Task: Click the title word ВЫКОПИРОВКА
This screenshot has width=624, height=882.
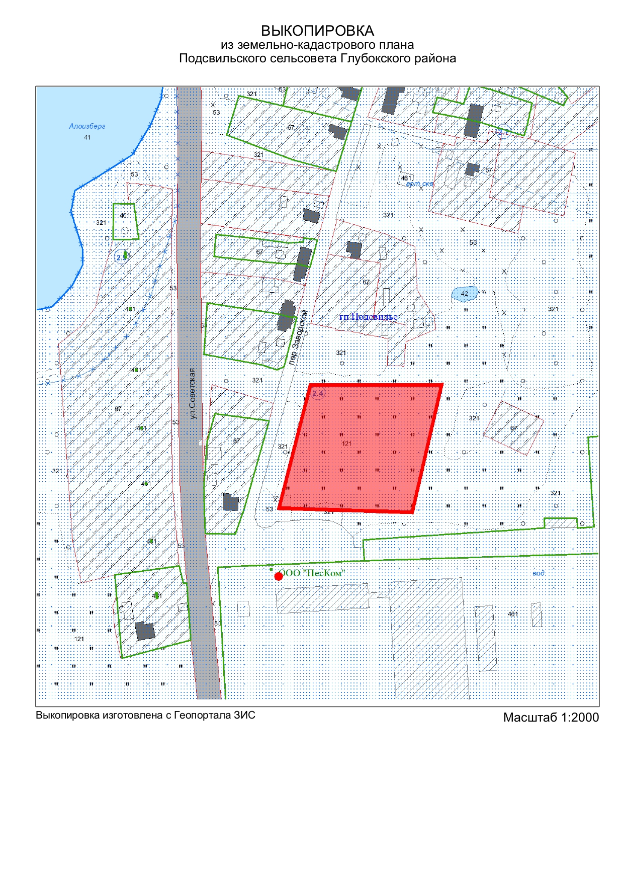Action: [317, 31]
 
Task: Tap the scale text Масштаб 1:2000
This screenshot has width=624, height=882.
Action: [551, 717]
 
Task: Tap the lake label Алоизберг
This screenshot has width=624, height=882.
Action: [87, 127]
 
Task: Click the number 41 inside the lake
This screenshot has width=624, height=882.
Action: [87, 137]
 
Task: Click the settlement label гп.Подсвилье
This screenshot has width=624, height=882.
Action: [368, 317]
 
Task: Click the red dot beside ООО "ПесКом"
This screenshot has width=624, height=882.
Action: [279, 576]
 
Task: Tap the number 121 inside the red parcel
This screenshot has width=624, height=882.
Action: [346, 444]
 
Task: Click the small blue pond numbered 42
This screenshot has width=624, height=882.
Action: [464, 294]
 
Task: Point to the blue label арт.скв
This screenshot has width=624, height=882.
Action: [419, 184]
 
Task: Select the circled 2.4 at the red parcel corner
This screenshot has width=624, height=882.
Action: [318, 393]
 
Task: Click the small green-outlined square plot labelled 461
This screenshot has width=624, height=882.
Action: [124, 222]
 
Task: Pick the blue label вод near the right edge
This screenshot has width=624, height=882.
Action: [538, 573]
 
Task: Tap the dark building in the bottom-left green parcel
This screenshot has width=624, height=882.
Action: [145, 631]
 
